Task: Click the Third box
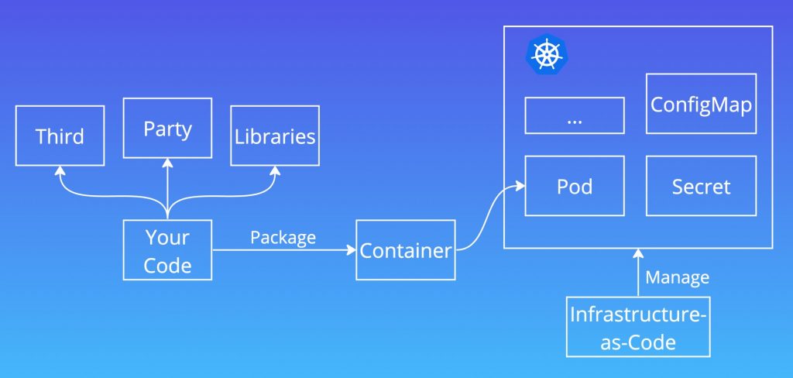point(60,136)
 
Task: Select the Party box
point(168,128)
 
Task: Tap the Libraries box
point(275,136)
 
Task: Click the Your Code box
point(168,250)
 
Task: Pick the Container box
point(406,250)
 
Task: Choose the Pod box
point(575,186)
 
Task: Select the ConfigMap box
point(701,105)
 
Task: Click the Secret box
point(701,186)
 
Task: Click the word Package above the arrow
point(283,237)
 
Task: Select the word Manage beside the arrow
point(677,277)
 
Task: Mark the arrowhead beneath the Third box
point(60,170)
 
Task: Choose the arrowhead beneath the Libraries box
point(275,170)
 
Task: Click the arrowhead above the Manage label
point(638,253)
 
